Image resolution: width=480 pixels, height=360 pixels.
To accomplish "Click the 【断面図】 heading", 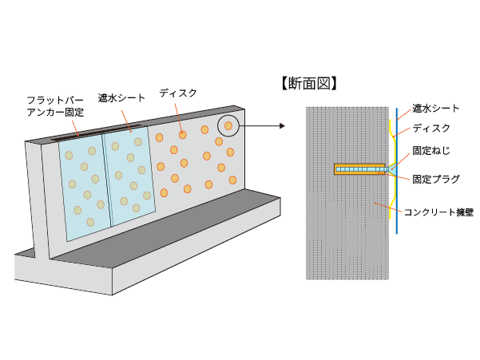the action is click(x=309, y=84).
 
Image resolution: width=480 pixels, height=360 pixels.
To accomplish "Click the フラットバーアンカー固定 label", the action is click(x=55, y=106).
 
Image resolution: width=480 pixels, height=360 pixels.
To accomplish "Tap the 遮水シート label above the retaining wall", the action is click(x=121, y=98).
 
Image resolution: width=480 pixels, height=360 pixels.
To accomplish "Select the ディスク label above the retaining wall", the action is click(x=178, y=93).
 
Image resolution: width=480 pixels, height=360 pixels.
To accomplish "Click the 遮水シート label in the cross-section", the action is click(x=435, y=109).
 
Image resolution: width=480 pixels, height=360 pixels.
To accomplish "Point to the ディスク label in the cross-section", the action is click(x=431, y=129).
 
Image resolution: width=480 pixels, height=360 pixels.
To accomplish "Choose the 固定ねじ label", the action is click(x=431, y=151).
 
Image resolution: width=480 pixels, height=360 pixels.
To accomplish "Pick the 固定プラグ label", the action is click(x=436, y=179).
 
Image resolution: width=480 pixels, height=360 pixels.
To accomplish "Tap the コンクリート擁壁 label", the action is click(x=438, y=212).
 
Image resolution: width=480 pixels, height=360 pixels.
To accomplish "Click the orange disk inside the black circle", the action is click(x=228, y=125).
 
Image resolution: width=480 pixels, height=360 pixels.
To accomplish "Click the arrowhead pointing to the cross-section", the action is click(x=282, y=125).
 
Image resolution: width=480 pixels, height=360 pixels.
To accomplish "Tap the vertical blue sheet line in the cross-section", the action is click(x=397, y=171).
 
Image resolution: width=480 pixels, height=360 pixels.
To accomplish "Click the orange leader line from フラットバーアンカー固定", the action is click(x=75, y=129).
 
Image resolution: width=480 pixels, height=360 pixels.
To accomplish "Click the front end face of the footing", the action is click(x=63, y=275).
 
